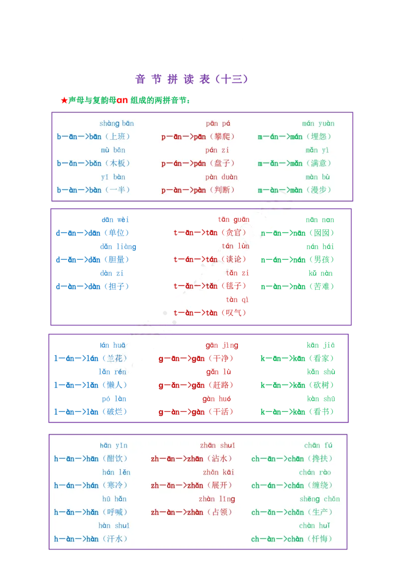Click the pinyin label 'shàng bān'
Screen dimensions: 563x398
(116, 124)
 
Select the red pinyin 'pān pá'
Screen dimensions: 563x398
(219, 124)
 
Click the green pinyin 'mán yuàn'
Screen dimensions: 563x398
(318, 124)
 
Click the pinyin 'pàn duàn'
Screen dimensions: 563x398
(221, 177)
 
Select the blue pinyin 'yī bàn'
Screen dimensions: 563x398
(113, 177)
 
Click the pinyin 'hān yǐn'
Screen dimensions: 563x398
(113, 446)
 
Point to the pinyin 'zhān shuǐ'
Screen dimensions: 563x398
(217, 446)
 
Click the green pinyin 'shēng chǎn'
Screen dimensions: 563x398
(319, 499)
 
